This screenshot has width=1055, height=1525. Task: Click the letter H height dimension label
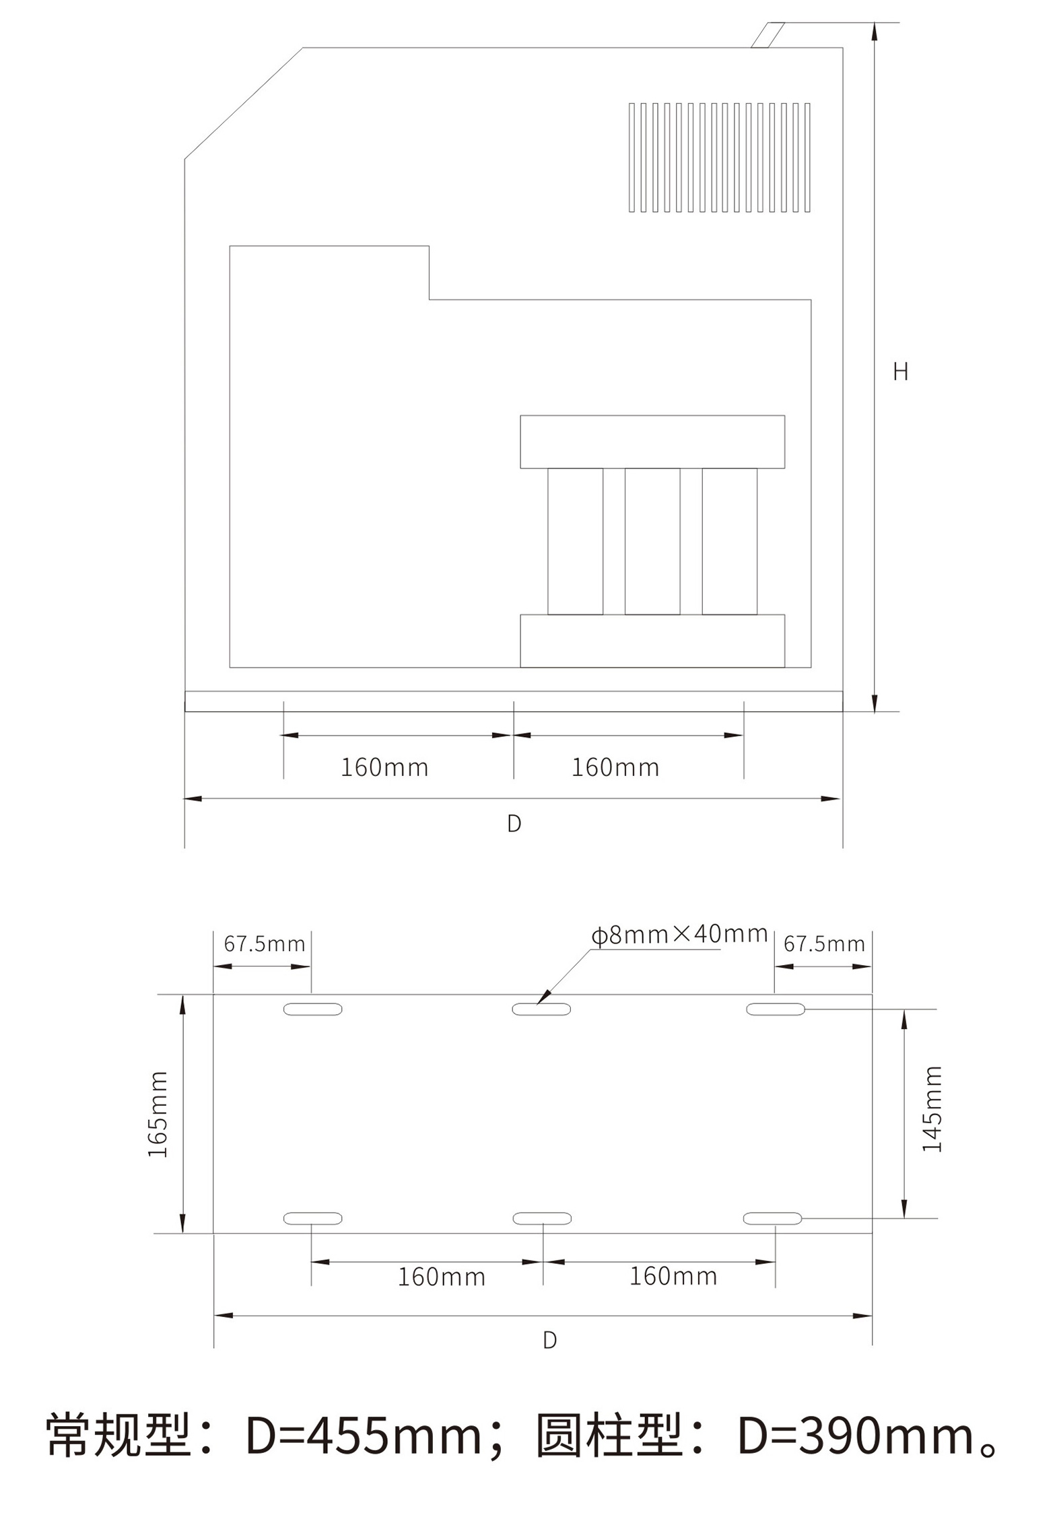(901, 371)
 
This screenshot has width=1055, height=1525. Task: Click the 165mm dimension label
(158, 1114)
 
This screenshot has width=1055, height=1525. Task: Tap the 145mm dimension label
(932, 1109)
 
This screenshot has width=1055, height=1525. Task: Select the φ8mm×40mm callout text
(679, 934)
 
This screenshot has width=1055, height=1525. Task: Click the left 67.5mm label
(265, 944)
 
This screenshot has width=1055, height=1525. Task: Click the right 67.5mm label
(824, 944)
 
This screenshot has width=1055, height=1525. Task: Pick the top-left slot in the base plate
(312, 1009)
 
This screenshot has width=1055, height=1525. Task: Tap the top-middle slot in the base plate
(541, 1009)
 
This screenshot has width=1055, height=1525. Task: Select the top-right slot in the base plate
(776, 1009)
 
